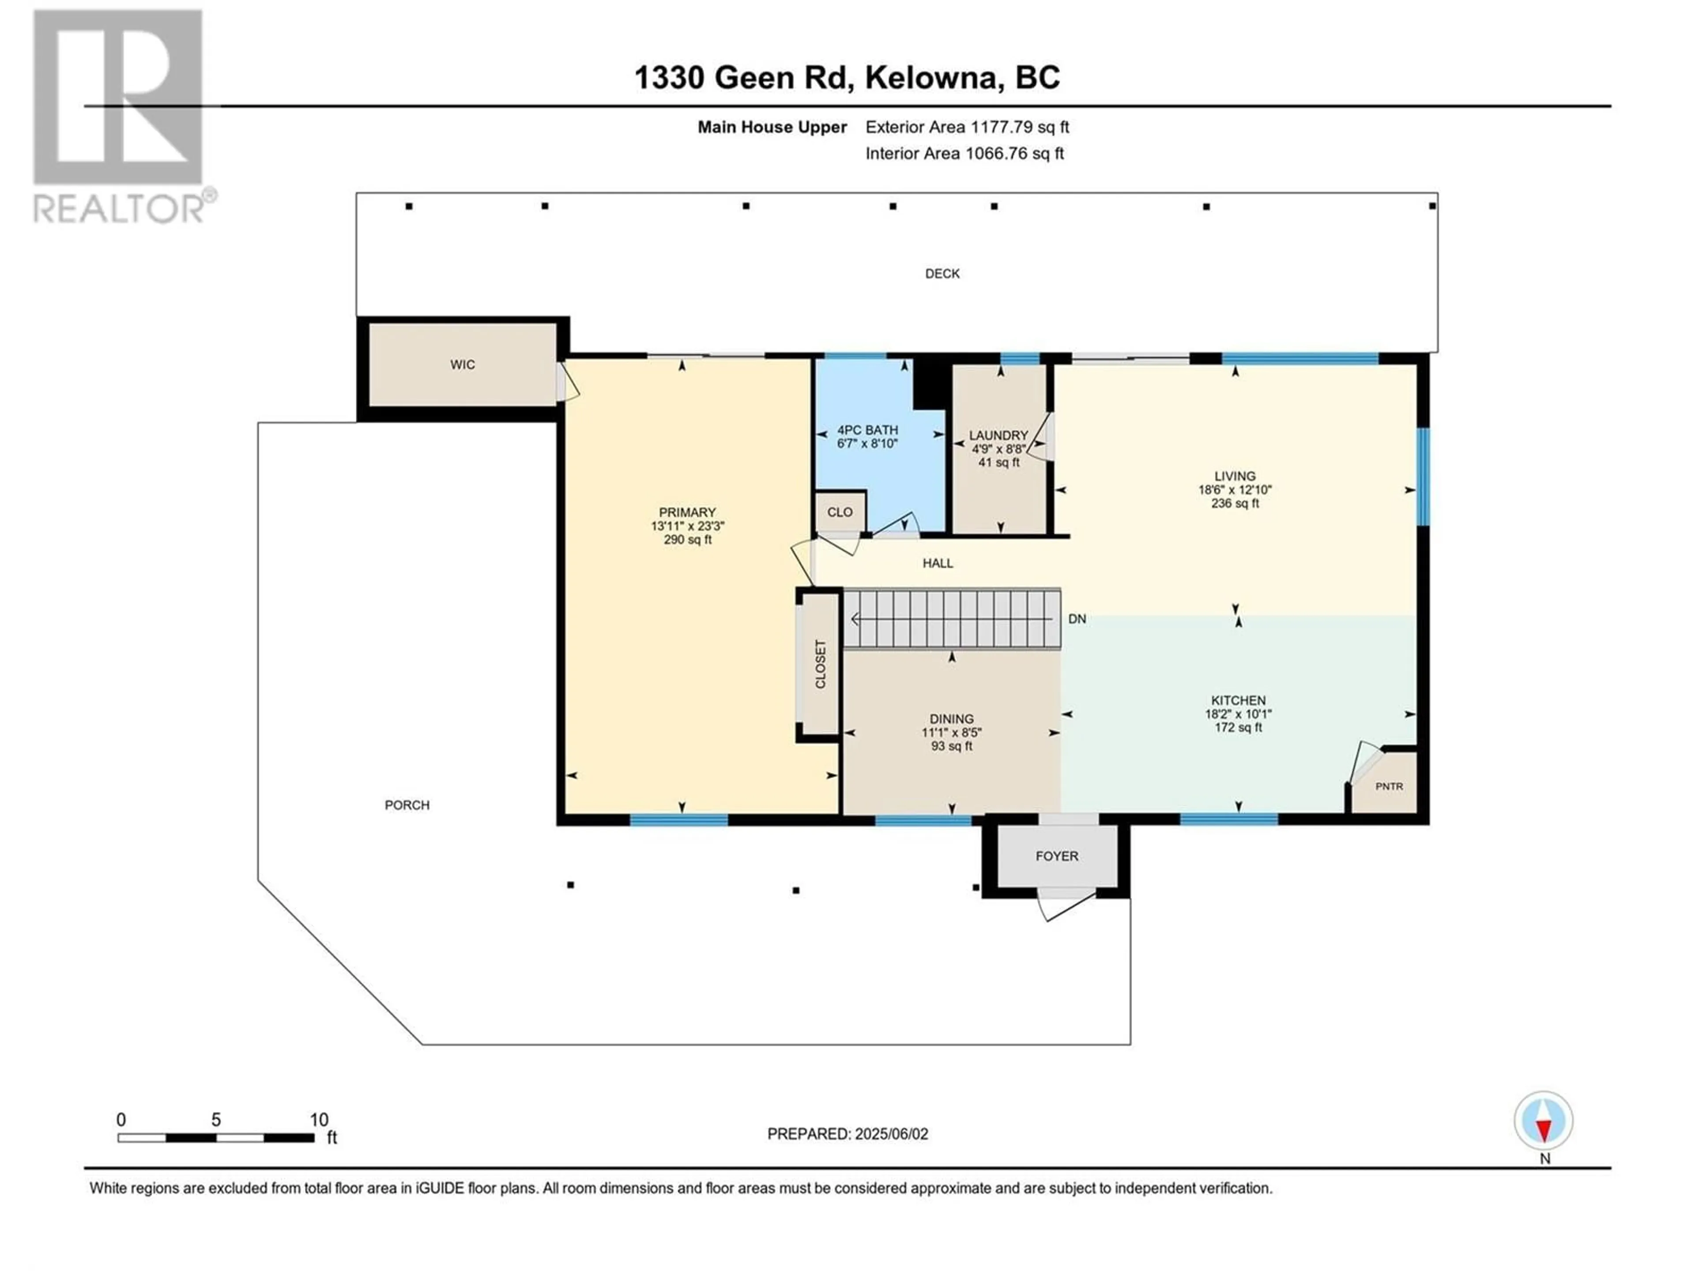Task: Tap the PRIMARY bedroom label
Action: point(687,512)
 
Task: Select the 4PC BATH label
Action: point(867,431)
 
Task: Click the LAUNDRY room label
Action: point(998,435)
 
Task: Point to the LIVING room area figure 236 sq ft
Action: point(1235,504)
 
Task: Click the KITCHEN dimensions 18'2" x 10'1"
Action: point(1238,713)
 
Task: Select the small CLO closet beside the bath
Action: point(840,512)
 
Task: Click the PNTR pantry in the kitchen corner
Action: point(1389,786)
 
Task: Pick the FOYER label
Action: point(1057,856)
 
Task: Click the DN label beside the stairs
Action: point(1077,619)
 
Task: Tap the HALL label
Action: point(938,563)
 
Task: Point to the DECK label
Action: point(942,274)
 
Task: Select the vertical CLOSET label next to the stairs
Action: point(820,664)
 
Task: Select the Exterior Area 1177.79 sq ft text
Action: point(967,127)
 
